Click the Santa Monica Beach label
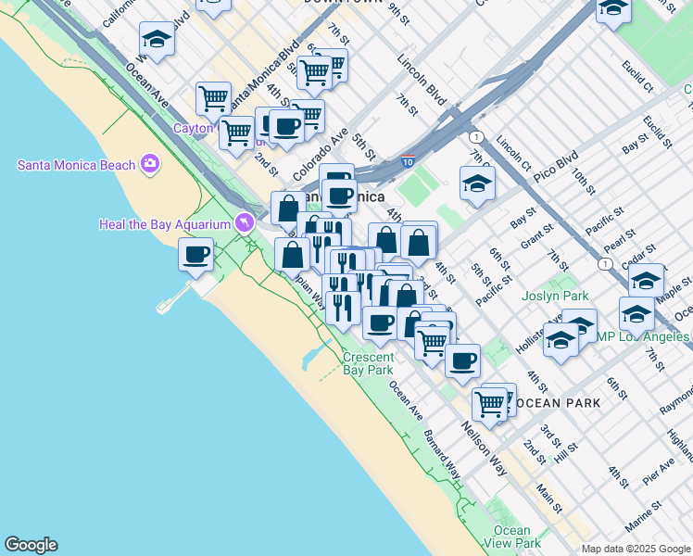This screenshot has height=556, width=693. pyautogui.click(x=78, y=165)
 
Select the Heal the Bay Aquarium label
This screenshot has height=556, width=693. pyautogui.click(x=165, y=224)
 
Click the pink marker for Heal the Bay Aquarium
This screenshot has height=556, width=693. pyautogui.click(x=244, y=222)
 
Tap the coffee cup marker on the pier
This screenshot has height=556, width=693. pyautogui.click(x=196, y=253)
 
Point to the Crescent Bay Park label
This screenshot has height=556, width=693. pyautogui.click(x=368, y=363)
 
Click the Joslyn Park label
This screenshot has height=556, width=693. pyautogui.click(x=555, y=297)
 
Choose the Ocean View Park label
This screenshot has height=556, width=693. pyautogui.click(x=511, y=537)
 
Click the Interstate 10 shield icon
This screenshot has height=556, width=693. pyautogui.click(x=408, y=161)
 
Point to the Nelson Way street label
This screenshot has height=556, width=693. pyautogui.click(x=484, y=449)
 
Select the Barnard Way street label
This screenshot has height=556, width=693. pyautogui.click(x=442, y=455)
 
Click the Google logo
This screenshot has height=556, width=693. pyautogui.click(x=31, y=545)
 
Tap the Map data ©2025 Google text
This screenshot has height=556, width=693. pyautogui.click(x=636, y=549)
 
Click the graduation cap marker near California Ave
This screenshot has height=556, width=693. pyautogui.click(x=157, y=40)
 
